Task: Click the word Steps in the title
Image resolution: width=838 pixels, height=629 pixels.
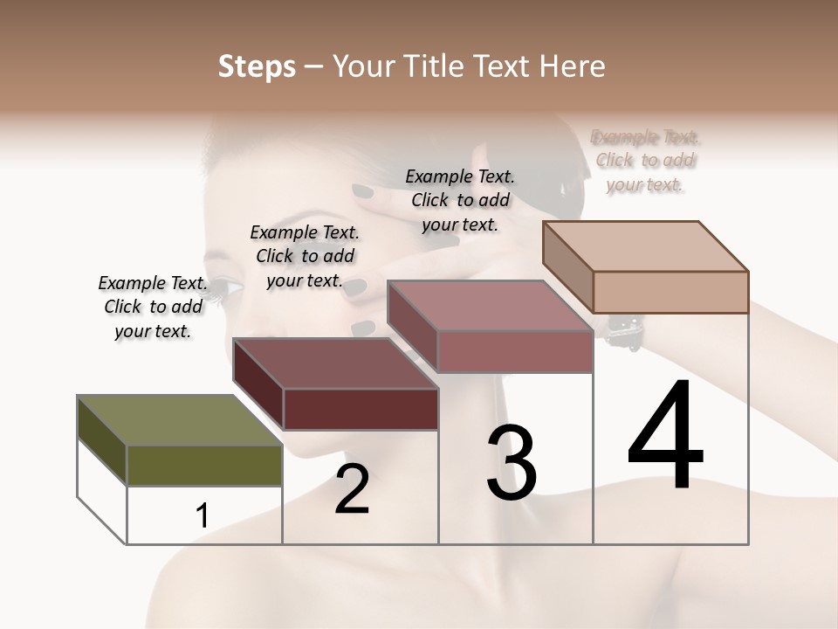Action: click(x=257, y=66)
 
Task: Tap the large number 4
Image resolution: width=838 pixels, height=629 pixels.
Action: click(x=665, y=437)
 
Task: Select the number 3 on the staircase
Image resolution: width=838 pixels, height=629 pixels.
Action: click(x=512, y=463)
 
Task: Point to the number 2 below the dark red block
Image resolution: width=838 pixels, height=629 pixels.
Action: click(x=352, y=489)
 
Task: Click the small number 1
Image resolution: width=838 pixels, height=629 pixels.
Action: click(x=203, y=516)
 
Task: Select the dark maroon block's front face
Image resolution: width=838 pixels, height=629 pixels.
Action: click(x=361, y=409)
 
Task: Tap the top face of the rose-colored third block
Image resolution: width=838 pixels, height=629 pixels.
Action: click(x=489, y=307)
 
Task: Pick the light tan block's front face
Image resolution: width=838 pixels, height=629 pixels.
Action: click(x=670, y=292)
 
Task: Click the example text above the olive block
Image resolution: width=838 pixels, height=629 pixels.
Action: click(x=153, y=307)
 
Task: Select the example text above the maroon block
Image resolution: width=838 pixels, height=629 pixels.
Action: click(x=305, y=256)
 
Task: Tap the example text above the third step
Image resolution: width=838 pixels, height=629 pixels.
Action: click(x=460, y=200)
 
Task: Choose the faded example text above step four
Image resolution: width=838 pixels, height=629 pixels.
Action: click(x=645, y=161)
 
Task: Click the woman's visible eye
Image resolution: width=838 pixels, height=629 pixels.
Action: click(x=226, y=286)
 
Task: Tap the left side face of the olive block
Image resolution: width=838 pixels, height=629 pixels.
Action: click(x=102, y=440)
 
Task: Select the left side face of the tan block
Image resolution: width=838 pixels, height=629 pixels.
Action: click(x=567, y=266)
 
